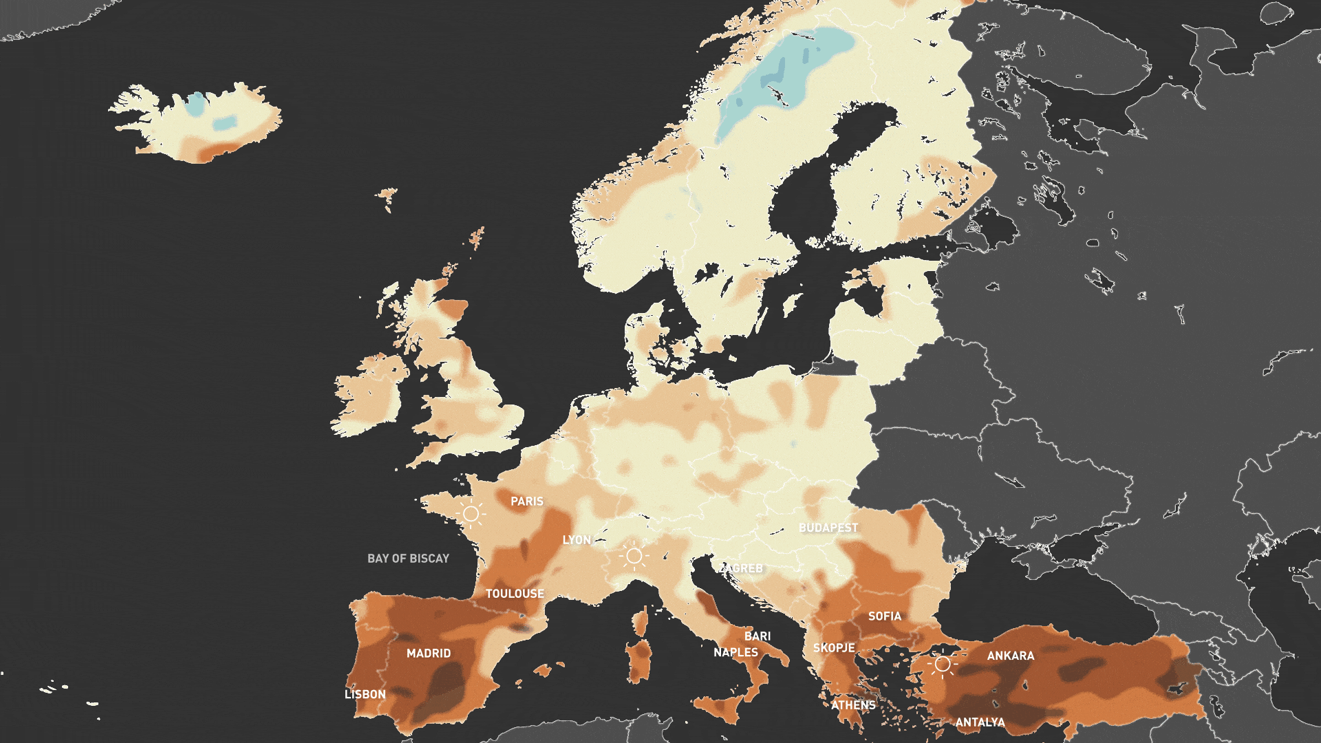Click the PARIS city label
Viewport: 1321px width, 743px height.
pos(526,502)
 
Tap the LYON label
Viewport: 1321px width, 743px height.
pos(577,540)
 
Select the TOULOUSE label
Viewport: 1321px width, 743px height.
pos(515,594)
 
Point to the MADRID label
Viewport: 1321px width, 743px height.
pos(429,654)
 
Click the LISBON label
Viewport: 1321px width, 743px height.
pos(365,694)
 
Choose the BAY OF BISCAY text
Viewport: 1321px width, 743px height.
pos(408,559)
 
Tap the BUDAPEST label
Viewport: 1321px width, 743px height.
pos(828,528)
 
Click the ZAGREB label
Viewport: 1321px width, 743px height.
pos(742,568)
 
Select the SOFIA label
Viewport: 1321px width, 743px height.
pos(884,616)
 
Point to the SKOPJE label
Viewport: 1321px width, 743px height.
pos(834,648)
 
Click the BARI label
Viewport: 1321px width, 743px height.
pos(758,636)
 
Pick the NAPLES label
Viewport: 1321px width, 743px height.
pos(735,652)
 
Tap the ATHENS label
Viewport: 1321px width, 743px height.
pos(853,705)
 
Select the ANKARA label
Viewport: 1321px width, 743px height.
pos(1010,656)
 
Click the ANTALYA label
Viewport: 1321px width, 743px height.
pos(980,722)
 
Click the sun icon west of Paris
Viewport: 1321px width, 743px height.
pos(471,514)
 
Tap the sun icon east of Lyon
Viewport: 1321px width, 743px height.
pos(634,556)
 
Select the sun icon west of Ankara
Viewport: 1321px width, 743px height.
pos(942,664)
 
